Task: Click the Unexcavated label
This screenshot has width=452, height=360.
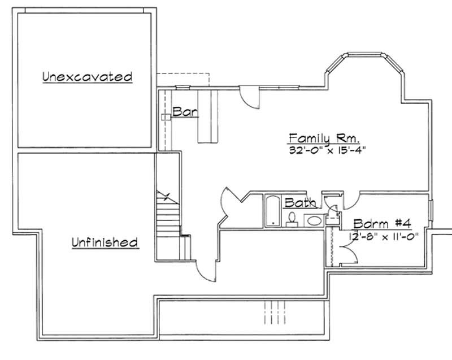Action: pyautogui.click(x=88, y=76)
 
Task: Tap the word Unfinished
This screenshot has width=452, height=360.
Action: pyautogui.click(x=105, y=242)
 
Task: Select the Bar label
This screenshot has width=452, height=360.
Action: pyautogui.click(x=185, y=111)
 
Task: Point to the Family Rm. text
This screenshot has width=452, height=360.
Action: pyautogui.click(x=324, y=138)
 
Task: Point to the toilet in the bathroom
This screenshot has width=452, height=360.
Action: pyautogui.click(x=292, y=218)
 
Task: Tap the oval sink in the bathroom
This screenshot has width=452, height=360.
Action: pyautogui.click(x=313, y=219)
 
